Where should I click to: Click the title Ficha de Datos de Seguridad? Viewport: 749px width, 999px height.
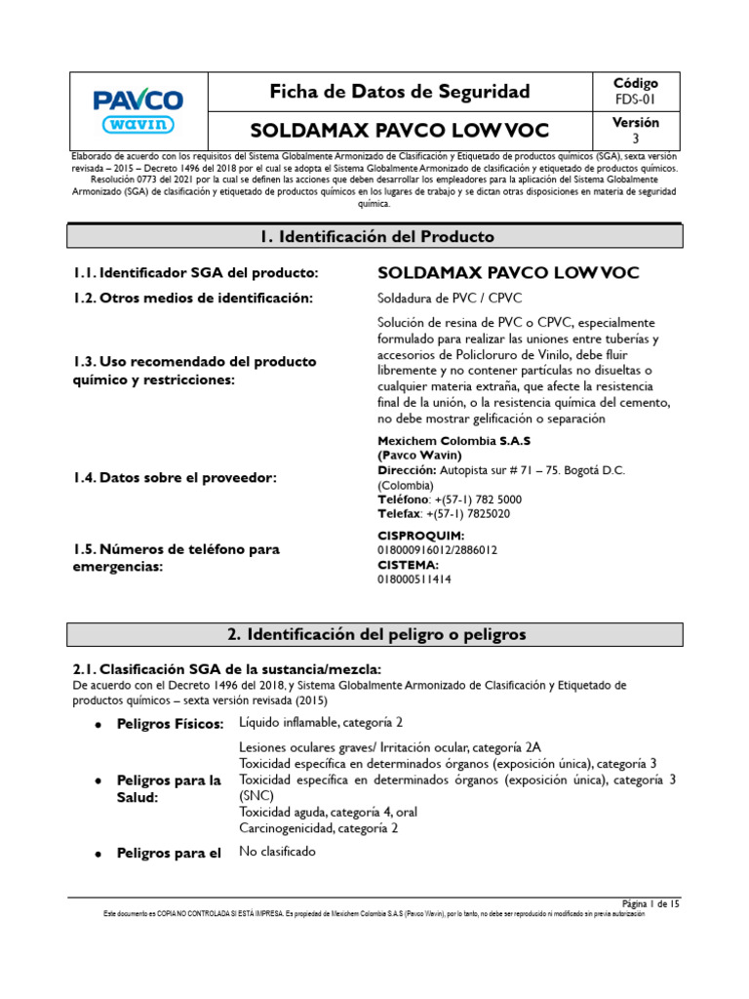point(400,92)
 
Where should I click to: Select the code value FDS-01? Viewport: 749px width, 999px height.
point(636,100)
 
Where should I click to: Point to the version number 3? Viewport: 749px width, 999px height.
point(636,139)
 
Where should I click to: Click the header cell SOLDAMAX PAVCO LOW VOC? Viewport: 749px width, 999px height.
point(400,131)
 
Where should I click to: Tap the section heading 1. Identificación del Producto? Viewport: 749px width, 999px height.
point(375,237)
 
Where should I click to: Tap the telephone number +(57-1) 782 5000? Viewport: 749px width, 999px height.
point(481,499)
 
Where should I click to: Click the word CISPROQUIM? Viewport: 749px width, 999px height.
point(420,536)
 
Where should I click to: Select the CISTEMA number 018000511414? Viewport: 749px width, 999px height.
point(414,579)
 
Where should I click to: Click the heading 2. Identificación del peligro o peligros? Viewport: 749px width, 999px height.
point(375,634)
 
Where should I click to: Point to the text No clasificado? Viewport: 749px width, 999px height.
point(278,852)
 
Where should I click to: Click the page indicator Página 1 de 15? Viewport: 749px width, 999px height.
point(650,904)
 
